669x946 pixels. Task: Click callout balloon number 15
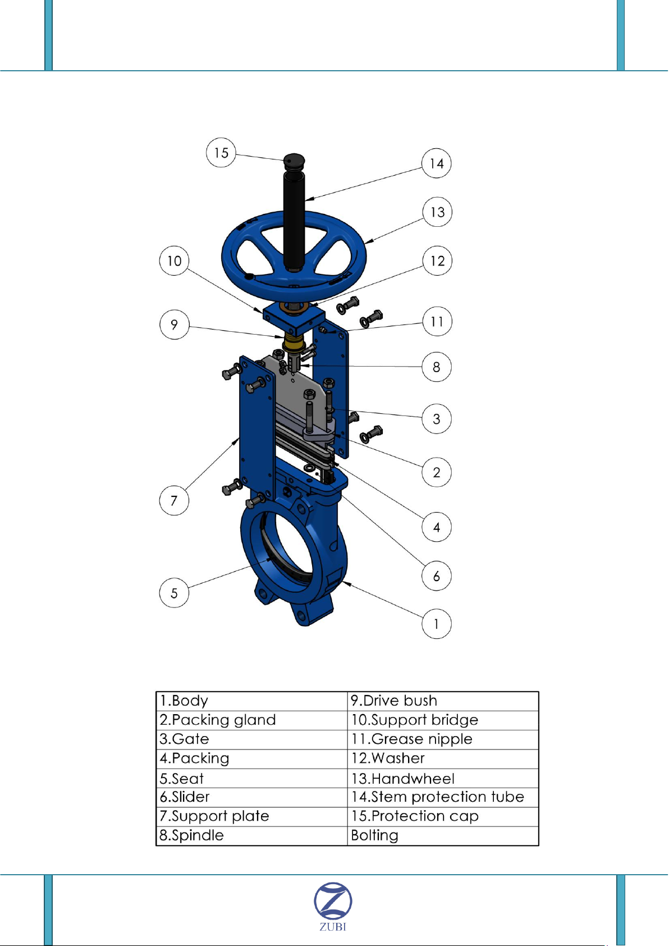(221, 153)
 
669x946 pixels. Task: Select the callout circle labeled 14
(437, 163)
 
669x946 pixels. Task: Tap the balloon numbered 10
(175, 261)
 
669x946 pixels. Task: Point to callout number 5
(174, 593)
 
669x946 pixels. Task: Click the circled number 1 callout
(437, 624)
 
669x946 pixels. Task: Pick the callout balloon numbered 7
(174, 500)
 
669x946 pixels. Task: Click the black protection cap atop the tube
(294, 161)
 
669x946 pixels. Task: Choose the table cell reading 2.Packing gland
(251, 720)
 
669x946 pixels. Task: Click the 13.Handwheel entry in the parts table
(443, 778)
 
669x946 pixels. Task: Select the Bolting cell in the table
(443, 835)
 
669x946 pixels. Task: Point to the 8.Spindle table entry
(251, 835)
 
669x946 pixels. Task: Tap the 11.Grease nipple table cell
(443, 739)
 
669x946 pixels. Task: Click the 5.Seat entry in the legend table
(251, 778)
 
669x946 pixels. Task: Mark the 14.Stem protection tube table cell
(443, 797)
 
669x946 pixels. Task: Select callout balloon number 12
(437, 261)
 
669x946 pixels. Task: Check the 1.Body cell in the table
(251, 701)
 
